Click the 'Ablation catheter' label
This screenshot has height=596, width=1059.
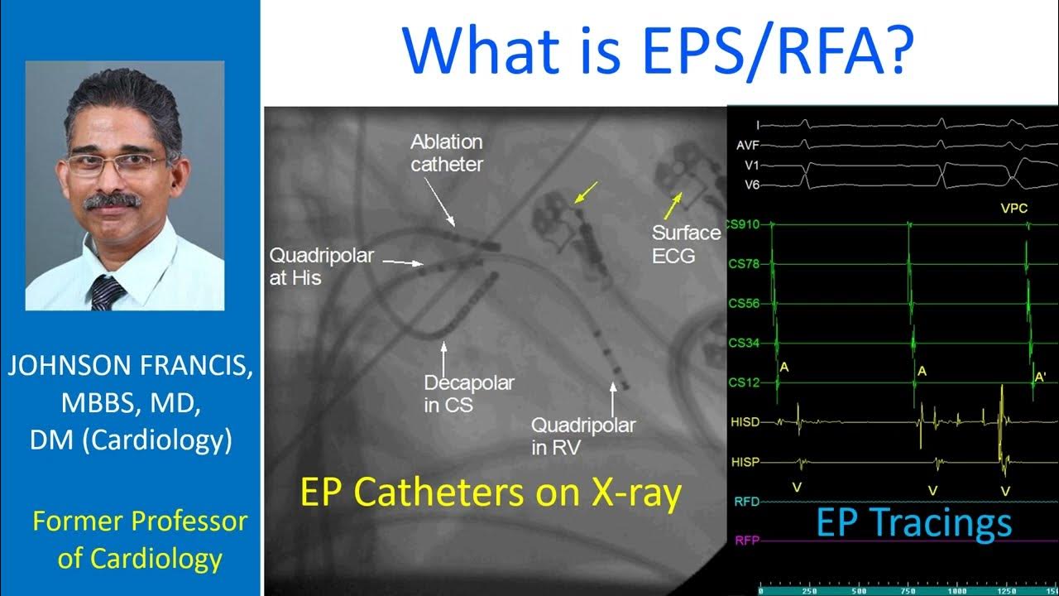[x=447, y=153]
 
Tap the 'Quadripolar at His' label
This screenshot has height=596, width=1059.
[x=321, y=267]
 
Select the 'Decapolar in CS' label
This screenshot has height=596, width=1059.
[x=468, y=394]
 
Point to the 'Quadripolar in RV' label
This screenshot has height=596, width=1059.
[x=582, y=436]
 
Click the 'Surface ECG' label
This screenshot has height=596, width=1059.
[x=686, y=244]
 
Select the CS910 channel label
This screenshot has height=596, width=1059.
[x=743, y=224]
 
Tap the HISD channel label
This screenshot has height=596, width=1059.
[x=745, y=422]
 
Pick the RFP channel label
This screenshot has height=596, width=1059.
[x=745, y=541]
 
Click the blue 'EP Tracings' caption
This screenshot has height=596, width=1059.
[x=913, y=523]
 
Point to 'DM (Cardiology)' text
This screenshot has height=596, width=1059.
[x=131, y=440]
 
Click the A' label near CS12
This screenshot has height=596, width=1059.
[x=1040, y=377]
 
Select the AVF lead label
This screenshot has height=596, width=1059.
[x=746, y=145]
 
